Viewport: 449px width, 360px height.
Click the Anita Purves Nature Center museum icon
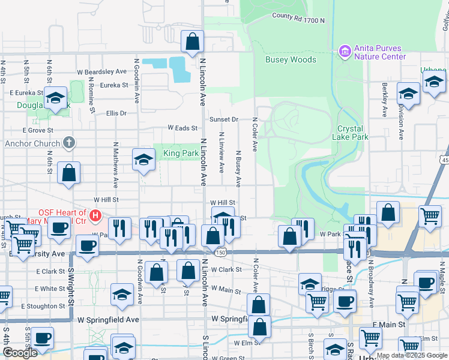pyautogui.click(x=345, y=52)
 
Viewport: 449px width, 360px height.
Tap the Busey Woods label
pyautogui.click(x=291, y=59)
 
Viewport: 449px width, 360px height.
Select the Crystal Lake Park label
pyautogui.click(x=350, y=133)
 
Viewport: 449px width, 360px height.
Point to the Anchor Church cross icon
pyautogui.click(x=69, y=143)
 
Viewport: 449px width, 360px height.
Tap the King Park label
pyautogui.click(x=181, y=154)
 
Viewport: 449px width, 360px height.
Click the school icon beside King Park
pyautogui.click(x=143, y=160)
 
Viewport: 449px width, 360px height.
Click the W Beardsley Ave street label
pyautogui.click(x=103, y=72)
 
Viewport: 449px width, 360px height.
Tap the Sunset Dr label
pyautogui.click(x=223, y=119)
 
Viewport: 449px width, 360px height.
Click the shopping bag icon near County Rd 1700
pyautogui.click(x=193, y=43)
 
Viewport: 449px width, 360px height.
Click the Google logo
pyautogui.click(x=20, y=353)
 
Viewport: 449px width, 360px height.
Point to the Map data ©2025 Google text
pyautogui.click(x=412, y=356)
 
